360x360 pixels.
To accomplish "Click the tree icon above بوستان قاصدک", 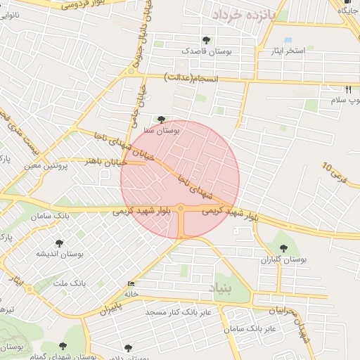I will [x=206, y=41].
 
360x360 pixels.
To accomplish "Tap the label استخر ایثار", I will [x=289, y=51].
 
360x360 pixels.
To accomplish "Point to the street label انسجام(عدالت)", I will [x=192, y=76].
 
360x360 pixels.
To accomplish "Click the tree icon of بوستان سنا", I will [x=162, y=120].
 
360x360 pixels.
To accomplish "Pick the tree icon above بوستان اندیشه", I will [x=58, y=243].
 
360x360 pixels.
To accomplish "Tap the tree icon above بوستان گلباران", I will [x=283, y=248].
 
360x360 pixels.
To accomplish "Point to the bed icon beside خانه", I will [x=131, y=284].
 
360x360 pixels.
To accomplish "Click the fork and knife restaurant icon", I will [x=348, y=89].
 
